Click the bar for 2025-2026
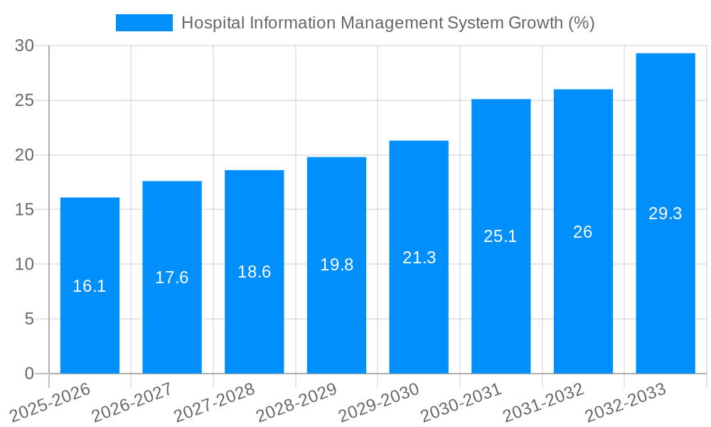click(x=90, y=285)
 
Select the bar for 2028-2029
click(x=336, y=265)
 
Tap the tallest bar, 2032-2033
click(x=665, y=213)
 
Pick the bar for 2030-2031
click(x=501, y=236)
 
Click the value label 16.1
click(x=90, y=286)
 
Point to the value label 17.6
click(x=172, y=278)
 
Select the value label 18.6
click(x=254, y=272)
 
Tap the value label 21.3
click(x=419, y=258)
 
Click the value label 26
click(x=583, y=232)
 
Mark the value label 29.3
click(x=665, y=213)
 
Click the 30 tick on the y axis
click(x=25, y=46)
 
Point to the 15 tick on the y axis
click(x=25, y=210)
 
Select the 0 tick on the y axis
click(x=29, y=374)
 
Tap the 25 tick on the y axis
click(x=25, y=100)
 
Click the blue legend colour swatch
click(x=144, y=23)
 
